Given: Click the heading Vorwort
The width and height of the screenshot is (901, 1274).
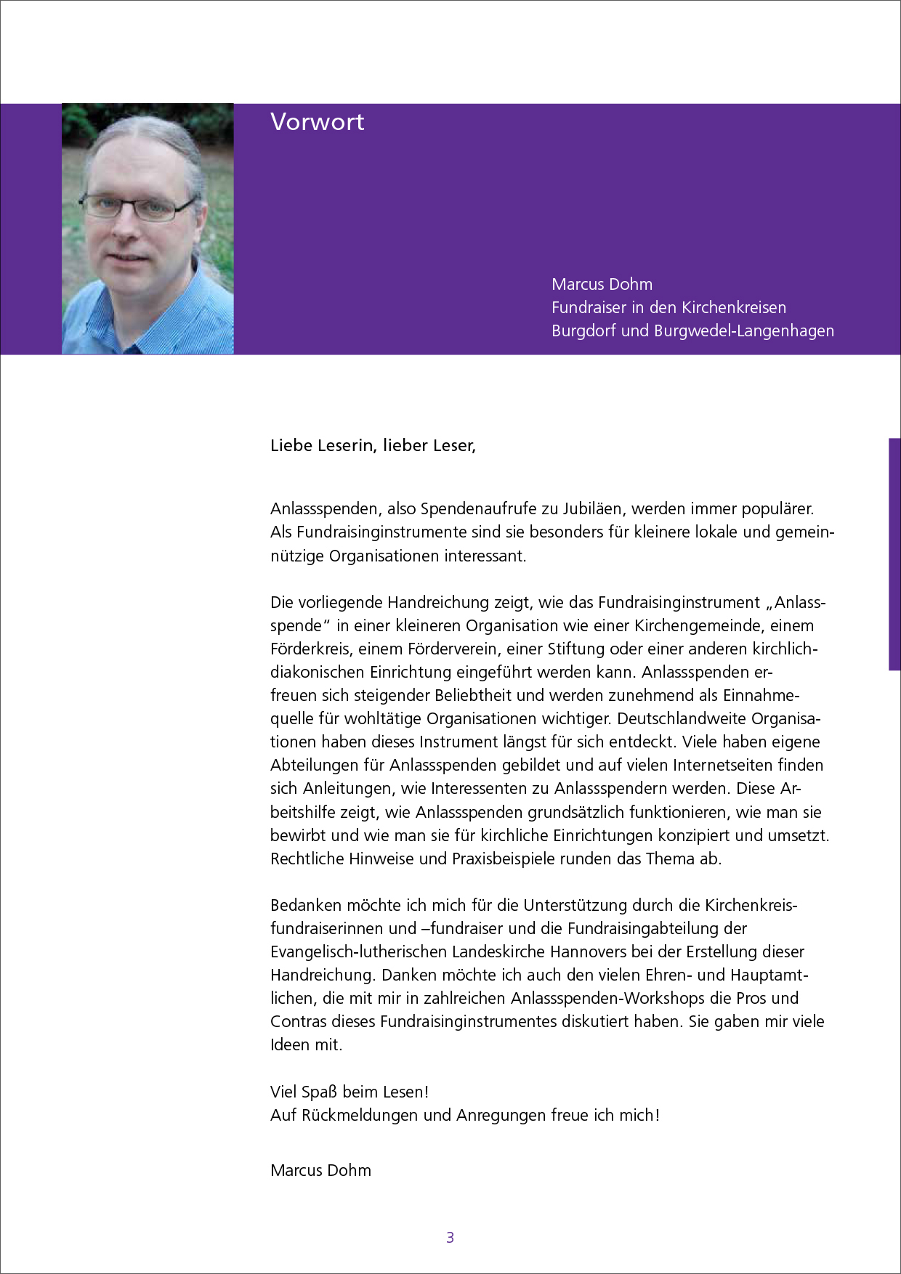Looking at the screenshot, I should pyautogui.click(x=317, y=122).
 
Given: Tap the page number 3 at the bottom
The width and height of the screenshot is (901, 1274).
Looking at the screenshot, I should pyautogui.click(x=450, y=1237).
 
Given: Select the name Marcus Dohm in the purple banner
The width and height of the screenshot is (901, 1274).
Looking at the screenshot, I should pyautogui.click(x=602, y=284).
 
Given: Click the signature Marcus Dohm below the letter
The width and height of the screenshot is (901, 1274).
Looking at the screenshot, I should pyautogui.click(x=320, y=1170).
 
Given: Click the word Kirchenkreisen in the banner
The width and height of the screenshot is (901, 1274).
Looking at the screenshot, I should pyautogui.click(x=733, y=307).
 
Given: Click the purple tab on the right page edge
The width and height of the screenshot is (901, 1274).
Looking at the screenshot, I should pyautogui.click(x=894, y=553).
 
